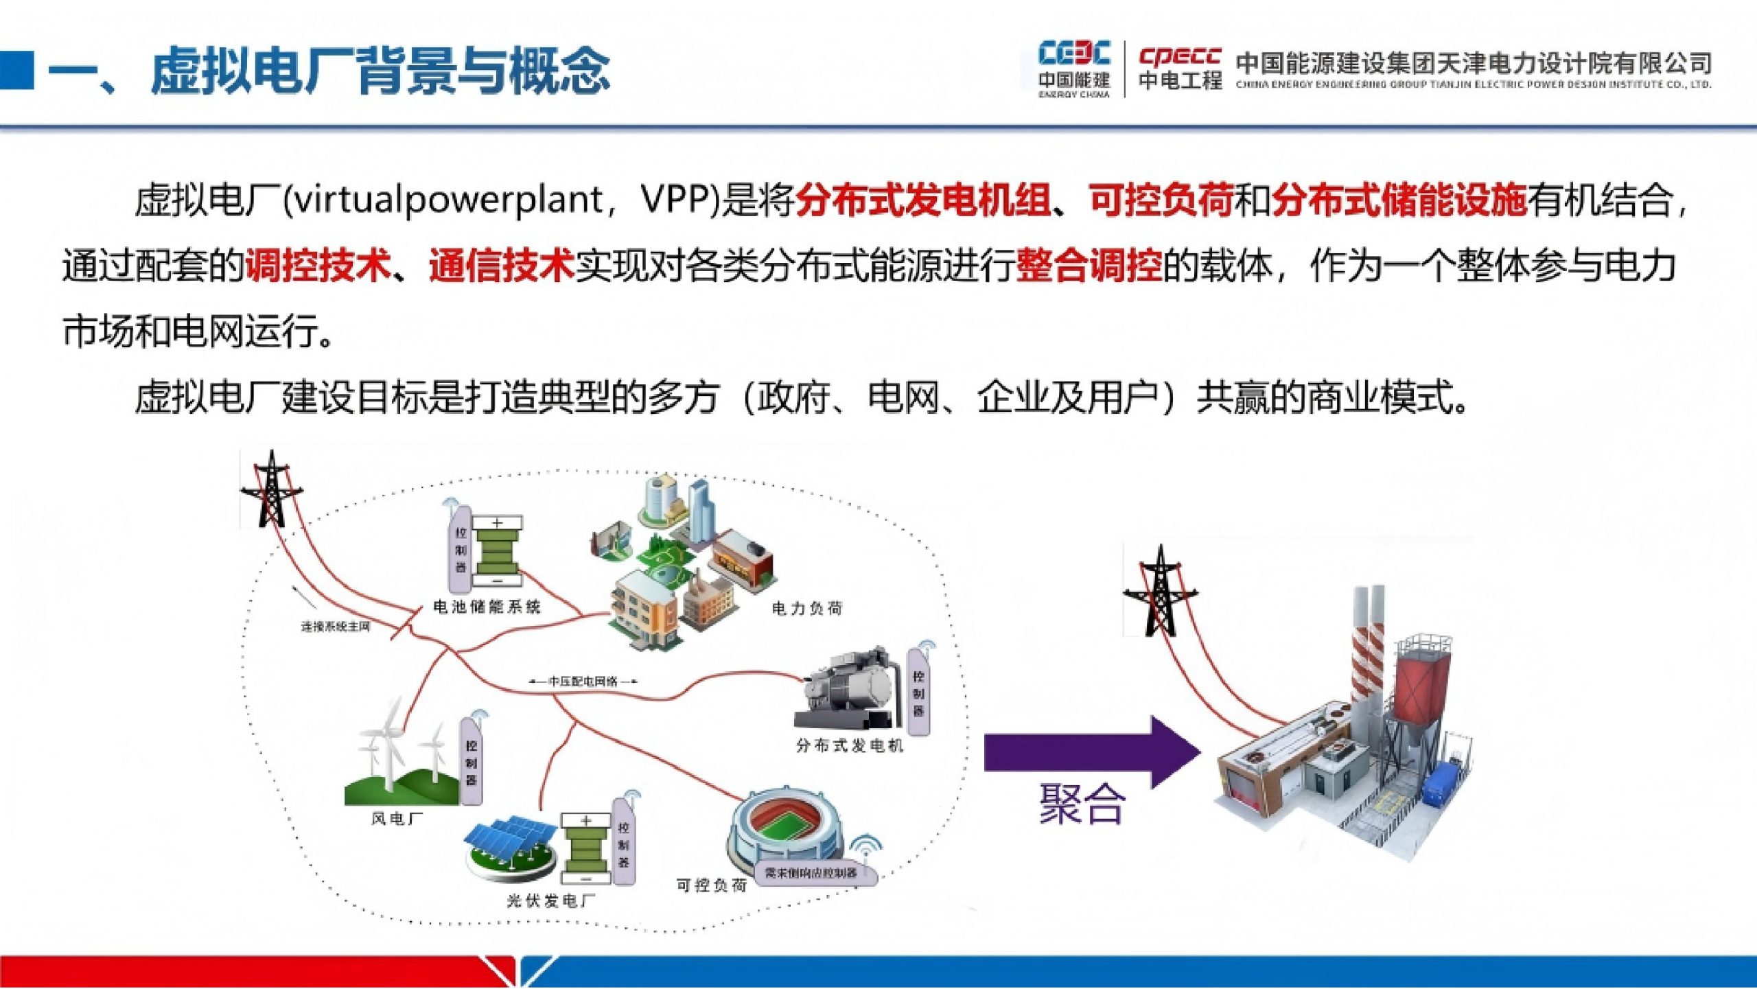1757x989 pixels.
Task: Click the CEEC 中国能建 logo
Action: click(x=1074, y=69)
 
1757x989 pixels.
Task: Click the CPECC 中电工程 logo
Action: click(x=1180, y=69)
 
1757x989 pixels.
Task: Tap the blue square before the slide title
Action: click(x=16, y=69)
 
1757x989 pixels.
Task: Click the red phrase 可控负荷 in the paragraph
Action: click(x=1161, y=200)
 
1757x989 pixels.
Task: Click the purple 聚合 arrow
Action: click(x=1091, y=752)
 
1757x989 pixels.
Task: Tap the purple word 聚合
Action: click(x=1082, y=804)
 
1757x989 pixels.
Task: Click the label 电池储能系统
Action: click(x=487, y=607)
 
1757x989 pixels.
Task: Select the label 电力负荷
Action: click(x=807, y=608)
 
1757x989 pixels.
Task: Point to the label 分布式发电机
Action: click(x=850, y=745)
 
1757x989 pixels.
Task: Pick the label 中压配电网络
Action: click(x=583, y=682)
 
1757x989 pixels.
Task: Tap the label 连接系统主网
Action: click(x=336, y=627)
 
